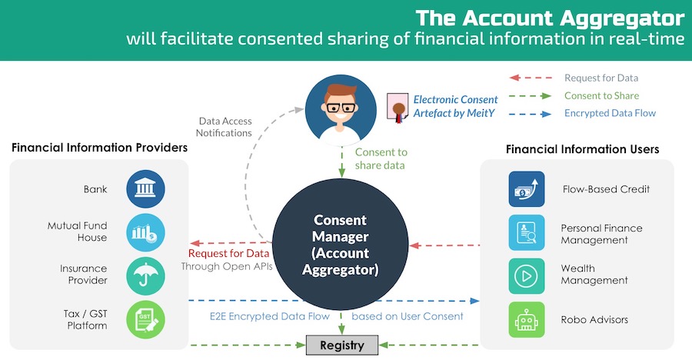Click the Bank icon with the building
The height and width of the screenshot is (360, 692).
146,189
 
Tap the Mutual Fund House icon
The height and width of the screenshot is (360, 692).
146,232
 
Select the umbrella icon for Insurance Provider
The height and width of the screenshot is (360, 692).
146,275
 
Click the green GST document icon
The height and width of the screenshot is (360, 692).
146,318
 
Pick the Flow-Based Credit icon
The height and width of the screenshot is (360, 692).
527,189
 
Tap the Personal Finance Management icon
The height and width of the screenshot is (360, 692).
527,233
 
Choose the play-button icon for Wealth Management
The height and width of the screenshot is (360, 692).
527,276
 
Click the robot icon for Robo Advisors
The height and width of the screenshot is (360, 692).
527,319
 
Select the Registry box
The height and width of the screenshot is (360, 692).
342,345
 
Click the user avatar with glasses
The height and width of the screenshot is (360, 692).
341,111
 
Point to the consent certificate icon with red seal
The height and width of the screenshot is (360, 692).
398,108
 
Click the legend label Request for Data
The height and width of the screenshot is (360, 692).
601,78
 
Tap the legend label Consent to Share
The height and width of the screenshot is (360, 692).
601,96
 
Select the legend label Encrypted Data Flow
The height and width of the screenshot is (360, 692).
610,113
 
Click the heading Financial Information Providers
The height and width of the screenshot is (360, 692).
99,147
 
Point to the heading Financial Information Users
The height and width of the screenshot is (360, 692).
582,149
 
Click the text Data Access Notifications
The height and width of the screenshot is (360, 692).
225,127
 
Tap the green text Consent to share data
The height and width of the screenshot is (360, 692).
381,159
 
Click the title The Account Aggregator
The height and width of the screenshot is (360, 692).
549,17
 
